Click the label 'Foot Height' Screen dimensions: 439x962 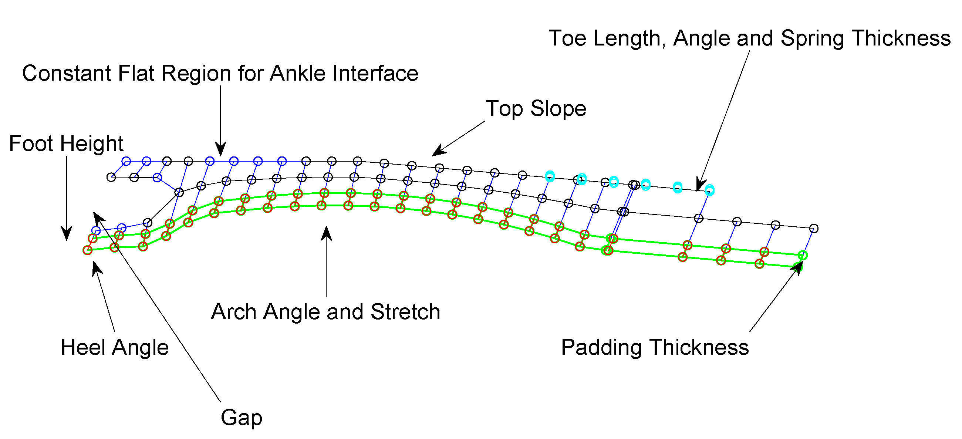coord(66,143)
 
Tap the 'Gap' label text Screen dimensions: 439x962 coord(241,417)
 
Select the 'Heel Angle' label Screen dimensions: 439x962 coord(115,347)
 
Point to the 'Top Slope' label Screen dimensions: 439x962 coord(536,108)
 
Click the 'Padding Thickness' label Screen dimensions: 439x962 coord(655,347)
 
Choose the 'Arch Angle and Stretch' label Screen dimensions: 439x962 coord(325,312)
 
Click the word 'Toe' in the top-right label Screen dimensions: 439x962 coord(567,38)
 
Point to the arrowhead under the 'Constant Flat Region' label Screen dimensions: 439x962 coord(221,150)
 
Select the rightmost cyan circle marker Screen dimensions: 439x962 coord(709,190)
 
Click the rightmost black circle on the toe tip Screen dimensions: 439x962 coord(814,228)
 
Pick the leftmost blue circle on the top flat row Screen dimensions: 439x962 coord(126,161)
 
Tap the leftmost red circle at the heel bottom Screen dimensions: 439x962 coord(87,250)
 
